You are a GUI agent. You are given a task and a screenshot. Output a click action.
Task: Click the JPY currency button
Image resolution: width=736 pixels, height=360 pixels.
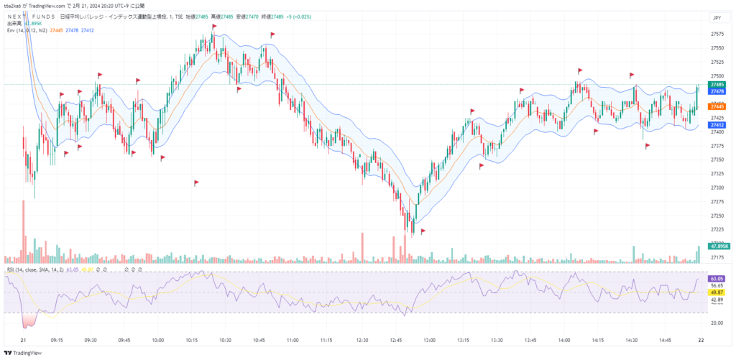[715, 17]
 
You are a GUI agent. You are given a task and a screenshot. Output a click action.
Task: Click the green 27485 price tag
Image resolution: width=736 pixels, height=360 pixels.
[717, 84]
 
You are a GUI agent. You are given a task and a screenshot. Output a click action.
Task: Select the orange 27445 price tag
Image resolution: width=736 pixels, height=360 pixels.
[717, 106]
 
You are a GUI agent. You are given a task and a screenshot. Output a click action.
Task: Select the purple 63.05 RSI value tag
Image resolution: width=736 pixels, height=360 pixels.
[716, 278]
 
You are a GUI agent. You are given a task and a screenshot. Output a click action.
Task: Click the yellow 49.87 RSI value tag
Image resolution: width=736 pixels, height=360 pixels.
[716, 292]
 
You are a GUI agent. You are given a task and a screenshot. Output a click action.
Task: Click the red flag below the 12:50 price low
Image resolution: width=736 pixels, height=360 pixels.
[423, 231]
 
